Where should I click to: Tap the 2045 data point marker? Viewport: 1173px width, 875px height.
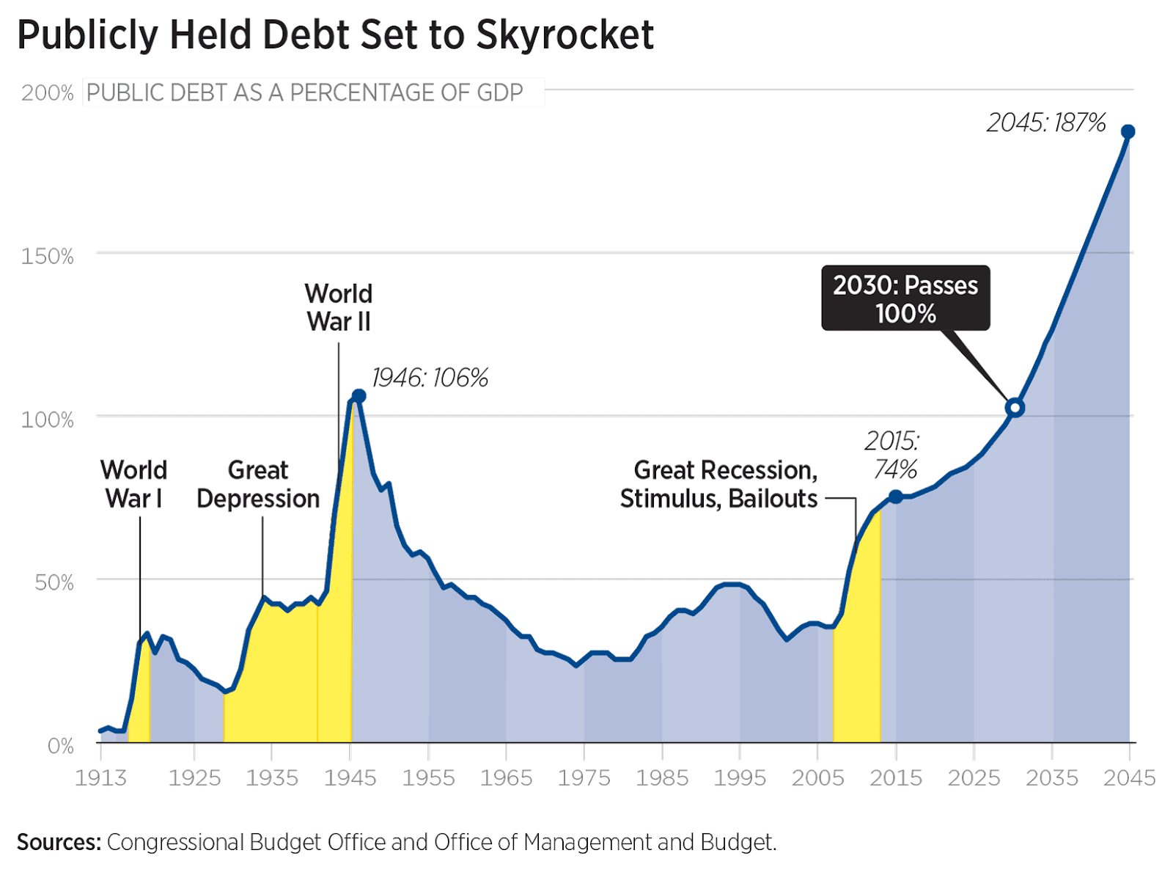1128,132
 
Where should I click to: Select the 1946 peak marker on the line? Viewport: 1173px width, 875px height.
358,396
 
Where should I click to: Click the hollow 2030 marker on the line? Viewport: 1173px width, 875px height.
1015,408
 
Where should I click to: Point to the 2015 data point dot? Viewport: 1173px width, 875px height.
895,497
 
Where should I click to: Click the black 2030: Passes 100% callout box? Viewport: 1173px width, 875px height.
905,299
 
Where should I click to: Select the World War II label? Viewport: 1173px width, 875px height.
339,307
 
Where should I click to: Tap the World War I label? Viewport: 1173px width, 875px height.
133,484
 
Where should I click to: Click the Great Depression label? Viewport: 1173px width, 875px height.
258,484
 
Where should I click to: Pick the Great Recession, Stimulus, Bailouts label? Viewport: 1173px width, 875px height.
718,484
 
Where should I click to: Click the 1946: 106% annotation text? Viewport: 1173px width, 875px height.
430,378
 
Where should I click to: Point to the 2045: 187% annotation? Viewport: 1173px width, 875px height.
1045,122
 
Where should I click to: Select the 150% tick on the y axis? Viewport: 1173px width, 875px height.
48,257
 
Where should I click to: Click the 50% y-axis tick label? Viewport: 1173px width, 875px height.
54,583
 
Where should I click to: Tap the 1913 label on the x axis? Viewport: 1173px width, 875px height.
100,778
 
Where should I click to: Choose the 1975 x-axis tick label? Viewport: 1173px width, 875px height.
584,778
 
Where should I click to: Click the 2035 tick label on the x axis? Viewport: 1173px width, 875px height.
1051,778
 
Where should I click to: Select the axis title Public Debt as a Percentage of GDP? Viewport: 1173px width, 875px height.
305,93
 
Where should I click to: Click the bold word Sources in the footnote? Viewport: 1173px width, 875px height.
59,842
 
